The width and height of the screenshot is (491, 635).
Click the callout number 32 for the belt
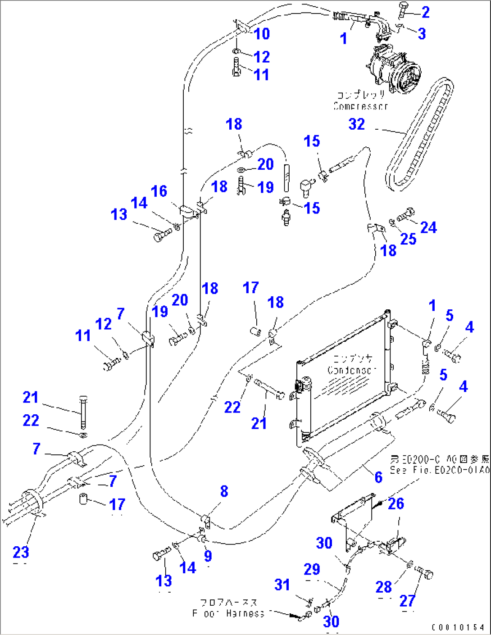(356, 124)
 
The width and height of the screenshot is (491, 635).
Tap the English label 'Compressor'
(361, 106)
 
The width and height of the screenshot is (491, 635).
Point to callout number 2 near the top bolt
(425, 12)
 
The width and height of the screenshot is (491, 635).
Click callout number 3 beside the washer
(422, 34)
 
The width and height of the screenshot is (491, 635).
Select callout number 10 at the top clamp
(262, 34)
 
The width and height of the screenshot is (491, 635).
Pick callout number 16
(159, 191)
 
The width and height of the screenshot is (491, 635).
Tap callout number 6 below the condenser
(378, 477)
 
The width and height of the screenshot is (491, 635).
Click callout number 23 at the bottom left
(21, 552)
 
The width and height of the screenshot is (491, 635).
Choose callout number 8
(224, 491)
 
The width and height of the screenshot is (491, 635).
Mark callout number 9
(208, 556)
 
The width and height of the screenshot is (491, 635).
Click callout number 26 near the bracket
(396, 503)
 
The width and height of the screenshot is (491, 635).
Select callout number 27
(407, 600)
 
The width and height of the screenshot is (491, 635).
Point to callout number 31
(282, 585)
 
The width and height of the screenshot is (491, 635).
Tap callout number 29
(312, 569)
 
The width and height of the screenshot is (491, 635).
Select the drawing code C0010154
(458, 627)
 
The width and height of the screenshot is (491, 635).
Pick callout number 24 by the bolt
(428, 227)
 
